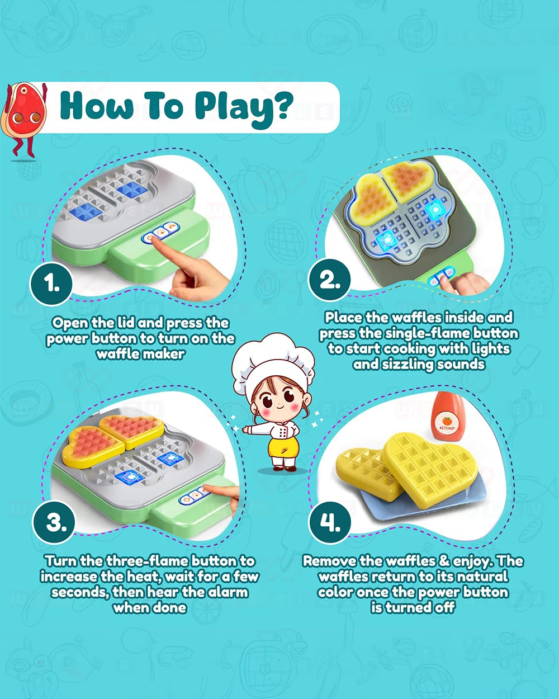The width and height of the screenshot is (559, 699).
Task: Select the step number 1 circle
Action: [x=51, y=284]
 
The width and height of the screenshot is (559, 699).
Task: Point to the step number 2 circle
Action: [x=329, y=279]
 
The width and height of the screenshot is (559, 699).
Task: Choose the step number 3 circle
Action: [x=54, y=522]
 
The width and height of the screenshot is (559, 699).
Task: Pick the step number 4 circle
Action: [x=330, y=522]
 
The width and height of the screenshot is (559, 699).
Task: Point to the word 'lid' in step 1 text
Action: [x=126, y=323]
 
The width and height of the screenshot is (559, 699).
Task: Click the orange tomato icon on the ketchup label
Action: [x=447, y=421]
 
